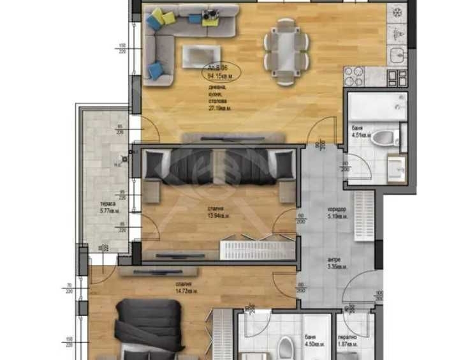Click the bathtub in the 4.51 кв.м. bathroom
pyautogui.click(x=376, y=106)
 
